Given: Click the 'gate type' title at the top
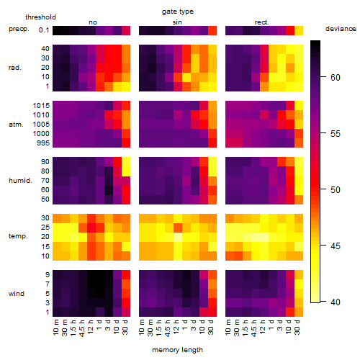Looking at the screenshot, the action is click(x=178, y=12).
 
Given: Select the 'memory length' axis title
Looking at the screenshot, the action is click(x=177, y=350).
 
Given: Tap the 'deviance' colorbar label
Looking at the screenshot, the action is click(x=341, y=29).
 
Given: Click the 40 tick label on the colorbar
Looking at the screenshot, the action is click(x=336, y=302).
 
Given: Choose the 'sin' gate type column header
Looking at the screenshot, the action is click(x=177, y=22).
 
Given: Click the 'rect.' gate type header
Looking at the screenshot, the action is click(x=262, y=22).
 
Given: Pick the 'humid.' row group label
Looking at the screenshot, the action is click(x=20, y=181).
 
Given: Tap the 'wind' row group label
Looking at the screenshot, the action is click(x=17, y=294).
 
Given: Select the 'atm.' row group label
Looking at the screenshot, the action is click(x=16, y=125).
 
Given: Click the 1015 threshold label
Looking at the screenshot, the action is click(x=41, y=106).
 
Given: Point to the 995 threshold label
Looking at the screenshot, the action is click(x=43, y=143).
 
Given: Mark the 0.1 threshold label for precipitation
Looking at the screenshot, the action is click(x=44, y=30).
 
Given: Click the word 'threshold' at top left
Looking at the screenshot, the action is click(x=40, y=17).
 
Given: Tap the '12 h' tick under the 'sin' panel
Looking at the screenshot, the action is click(x=176, y=327).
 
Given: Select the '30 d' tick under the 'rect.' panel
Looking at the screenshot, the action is click(x=297, y=328).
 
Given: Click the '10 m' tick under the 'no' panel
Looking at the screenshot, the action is click(x=56, y=328).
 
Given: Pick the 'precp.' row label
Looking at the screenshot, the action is click(x=19, y=29).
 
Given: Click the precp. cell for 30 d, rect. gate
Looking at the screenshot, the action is click(x=299, y=30).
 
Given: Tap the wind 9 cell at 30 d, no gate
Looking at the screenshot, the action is click(x=126, y=274).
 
